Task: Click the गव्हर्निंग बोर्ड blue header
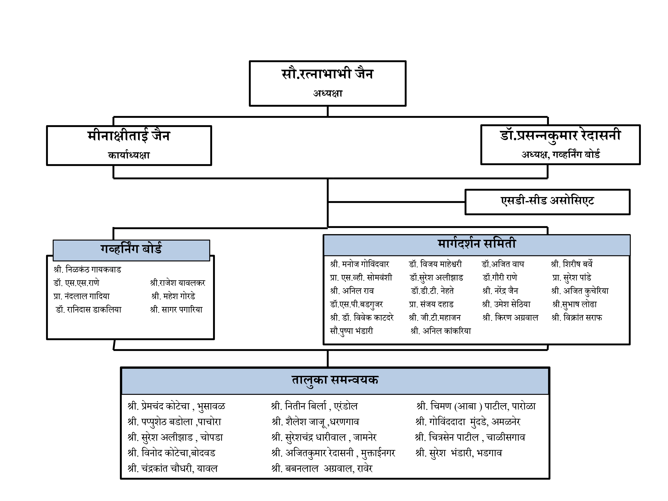coord(131,250)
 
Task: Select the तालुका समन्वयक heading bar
coord(335,381)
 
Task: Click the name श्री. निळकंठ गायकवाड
coord(87,269)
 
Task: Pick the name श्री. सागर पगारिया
coord(176,310)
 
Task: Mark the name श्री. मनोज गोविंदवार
coord(360,264)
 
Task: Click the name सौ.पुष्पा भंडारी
coord(352,331)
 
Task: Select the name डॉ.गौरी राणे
coord(500,277)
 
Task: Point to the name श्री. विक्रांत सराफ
coord(577,318)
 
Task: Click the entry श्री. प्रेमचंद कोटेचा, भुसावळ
coord(176,406)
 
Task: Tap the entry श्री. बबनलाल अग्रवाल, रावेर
coord(322,469)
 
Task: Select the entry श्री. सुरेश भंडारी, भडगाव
coord(459,453)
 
